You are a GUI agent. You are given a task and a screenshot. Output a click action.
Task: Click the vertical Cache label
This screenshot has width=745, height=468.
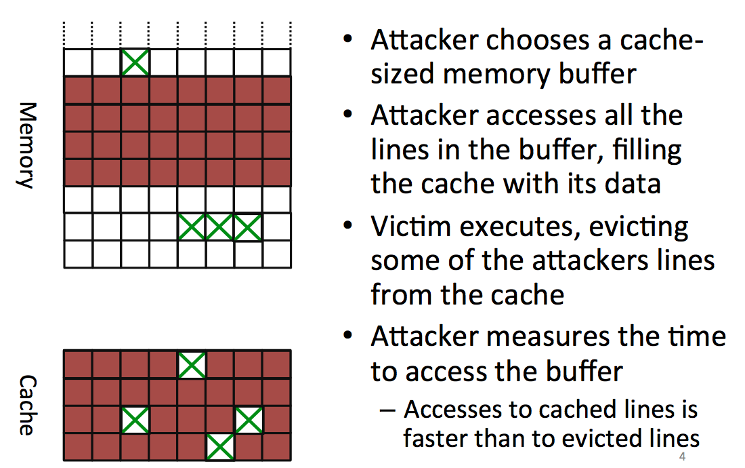click(x=26, y=405)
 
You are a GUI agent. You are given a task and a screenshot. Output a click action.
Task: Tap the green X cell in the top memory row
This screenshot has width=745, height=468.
click(x=135, y=62)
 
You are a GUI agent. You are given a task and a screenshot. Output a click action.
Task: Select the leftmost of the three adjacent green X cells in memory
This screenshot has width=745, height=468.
click(x=192, y=227)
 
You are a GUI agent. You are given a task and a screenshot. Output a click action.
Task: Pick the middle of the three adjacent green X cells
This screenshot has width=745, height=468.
click(x=220, y=227)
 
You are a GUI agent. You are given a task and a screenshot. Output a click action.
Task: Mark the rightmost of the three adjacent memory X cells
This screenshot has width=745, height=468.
click(x=248, y=227)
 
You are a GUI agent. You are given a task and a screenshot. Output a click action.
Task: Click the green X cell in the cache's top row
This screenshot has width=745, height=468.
click(x=192, y=365)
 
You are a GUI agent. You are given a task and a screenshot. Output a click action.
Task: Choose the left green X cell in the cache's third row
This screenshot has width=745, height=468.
click(x=135, y=420)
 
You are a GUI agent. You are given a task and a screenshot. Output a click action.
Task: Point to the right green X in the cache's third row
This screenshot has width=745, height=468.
click(x=249, y=420)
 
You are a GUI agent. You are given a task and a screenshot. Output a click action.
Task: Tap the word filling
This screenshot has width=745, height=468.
click(x=647, y=150)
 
